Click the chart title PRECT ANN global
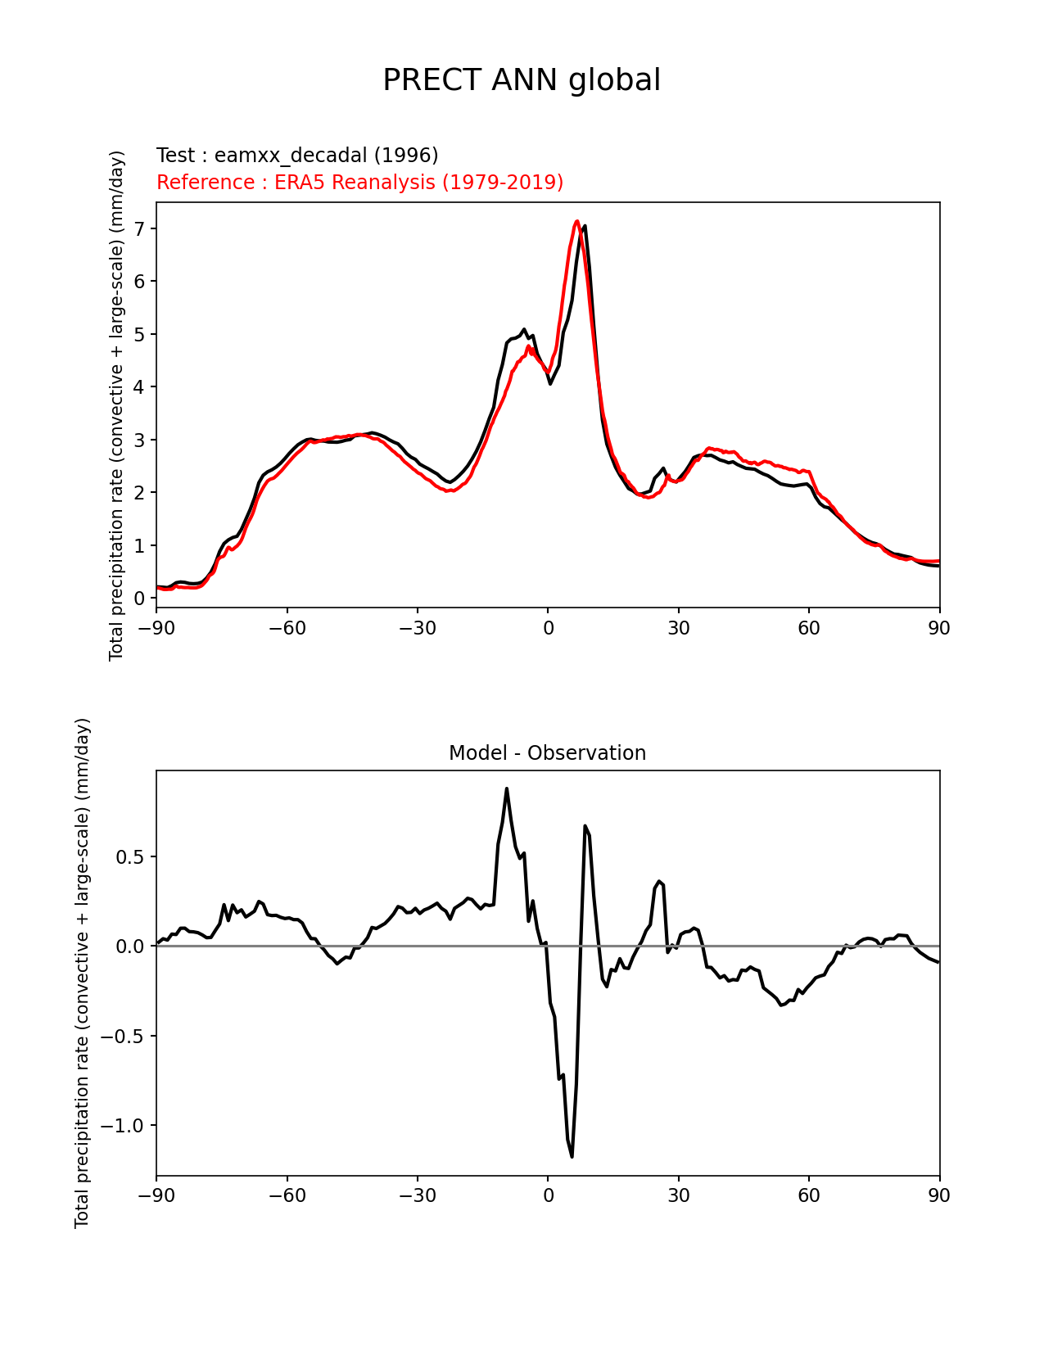522,80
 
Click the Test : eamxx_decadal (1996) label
297,156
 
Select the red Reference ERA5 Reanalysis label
359,183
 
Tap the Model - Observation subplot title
547,753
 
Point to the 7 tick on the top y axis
139,228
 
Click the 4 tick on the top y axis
139,386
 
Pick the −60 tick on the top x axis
287,628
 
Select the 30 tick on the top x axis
678,628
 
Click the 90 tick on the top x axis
939,628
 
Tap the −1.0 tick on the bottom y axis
123,1126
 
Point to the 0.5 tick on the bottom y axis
129,857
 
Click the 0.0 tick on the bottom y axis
129,947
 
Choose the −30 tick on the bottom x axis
417,1196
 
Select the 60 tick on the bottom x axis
809,1196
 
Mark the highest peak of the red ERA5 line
577,221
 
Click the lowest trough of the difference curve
572,1156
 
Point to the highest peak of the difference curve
507,788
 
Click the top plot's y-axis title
117,405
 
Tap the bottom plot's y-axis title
83,973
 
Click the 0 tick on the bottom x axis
548,1196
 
